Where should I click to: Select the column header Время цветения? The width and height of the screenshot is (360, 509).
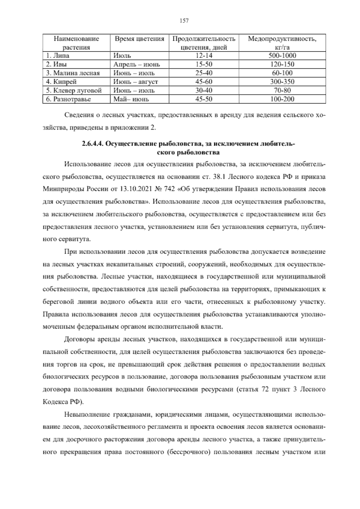pos(139,39)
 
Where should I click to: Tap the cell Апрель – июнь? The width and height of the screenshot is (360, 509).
pos(136,64)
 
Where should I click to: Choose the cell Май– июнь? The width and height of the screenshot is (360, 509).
pos(131,99)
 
